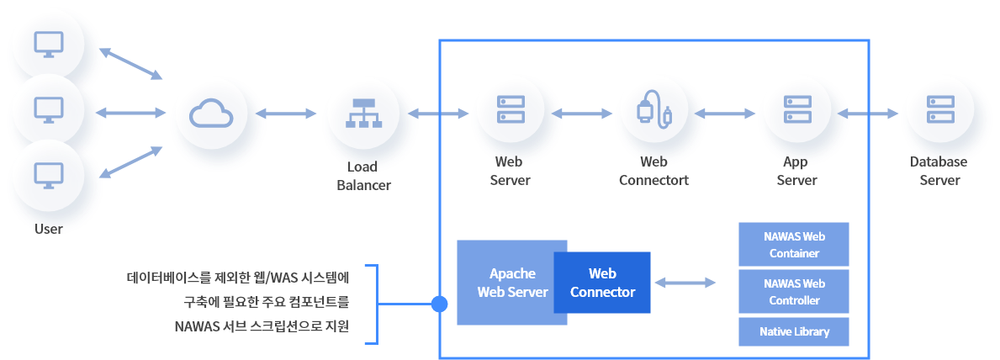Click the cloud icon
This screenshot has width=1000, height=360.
(210, 113)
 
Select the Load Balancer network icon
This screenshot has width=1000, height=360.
(363, 113)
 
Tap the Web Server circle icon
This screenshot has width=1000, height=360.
(511, 113)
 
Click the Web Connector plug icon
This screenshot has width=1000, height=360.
(654, 113)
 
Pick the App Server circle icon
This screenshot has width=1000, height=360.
(796, 113)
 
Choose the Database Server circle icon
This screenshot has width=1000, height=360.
(939, 113)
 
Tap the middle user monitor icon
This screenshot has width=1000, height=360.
(48, 110)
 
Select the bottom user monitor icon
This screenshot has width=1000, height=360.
(48, 174)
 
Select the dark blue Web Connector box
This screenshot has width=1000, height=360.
(602, 283)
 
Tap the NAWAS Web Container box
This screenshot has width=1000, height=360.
(793, 244)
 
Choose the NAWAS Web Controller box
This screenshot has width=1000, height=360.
(793, 291)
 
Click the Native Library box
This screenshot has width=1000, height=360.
(793, 331)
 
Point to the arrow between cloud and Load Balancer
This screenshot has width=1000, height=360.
(286, 113)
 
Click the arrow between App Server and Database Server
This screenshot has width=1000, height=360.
(868, 113)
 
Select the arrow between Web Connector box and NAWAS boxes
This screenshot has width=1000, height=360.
(685, 283)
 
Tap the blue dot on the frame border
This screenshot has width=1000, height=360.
(439, 304)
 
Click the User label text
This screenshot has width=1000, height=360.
(48, 229)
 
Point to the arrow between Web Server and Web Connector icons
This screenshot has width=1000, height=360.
(582, 113)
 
